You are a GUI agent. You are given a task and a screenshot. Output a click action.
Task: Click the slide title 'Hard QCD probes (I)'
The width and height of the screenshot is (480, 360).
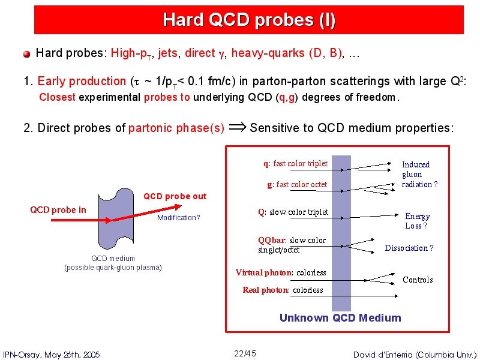[249, 20]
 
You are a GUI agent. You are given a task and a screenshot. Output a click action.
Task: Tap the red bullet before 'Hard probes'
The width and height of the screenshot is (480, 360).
[26, 54]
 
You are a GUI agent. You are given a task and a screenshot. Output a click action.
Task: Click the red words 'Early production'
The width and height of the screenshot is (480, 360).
[82, 81]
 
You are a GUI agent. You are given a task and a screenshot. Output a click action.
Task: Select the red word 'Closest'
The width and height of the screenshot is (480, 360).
[57, 97]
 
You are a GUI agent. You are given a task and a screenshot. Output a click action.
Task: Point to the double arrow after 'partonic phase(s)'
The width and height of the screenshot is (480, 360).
[238, 127]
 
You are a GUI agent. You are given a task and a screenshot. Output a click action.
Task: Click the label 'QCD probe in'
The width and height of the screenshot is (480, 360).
[58, 210]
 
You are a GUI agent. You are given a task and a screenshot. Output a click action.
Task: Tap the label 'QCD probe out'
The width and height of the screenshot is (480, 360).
[175, 196]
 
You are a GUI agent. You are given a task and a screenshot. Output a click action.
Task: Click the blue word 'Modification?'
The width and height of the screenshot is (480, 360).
[178, 218]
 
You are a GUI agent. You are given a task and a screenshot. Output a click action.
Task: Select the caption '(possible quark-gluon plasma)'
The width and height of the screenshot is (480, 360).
[113, 268]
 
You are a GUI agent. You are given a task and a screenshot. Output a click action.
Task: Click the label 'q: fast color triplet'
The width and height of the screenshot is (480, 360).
[295, 163]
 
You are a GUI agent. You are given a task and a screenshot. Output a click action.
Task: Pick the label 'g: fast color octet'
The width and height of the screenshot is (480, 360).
[297, 184]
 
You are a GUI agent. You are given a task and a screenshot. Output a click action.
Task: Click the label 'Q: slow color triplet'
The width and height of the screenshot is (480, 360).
[293, 212]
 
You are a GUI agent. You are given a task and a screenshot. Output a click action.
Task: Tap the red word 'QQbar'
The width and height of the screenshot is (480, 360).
[271, 241]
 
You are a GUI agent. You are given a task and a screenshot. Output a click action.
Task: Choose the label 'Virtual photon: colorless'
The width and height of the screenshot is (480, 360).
[281, 272]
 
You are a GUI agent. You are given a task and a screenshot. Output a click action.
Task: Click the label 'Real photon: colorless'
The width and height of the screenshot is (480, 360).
[283, 290]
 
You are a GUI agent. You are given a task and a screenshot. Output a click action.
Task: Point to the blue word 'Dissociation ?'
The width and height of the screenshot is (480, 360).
[409, 248]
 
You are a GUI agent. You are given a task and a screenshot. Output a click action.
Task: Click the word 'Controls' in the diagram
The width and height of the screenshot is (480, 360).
[418, 280]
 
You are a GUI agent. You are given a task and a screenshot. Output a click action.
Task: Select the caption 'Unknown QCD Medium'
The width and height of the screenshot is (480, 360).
[340, 318]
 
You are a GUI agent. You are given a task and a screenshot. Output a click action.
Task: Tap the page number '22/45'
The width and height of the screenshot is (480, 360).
[245, 353]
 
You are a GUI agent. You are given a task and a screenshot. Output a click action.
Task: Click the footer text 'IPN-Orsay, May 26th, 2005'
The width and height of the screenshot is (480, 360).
[51, 355]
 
